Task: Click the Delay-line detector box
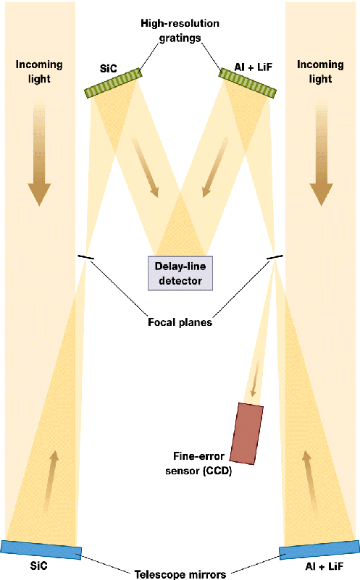coord(180,273)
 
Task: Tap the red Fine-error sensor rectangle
coord(246,434)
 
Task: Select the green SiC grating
coord(113,83)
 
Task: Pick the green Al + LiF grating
coord(247,83)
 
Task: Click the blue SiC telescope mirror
coord(41,550)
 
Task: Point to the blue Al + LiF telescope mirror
coord(319,550)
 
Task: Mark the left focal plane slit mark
coord(86,257)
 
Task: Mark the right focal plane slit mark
coord(275,257)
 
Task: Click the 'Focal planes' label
coord(180,322)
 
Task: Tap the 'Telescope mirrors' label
coord(180,574)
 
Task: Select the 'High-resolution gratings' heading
coord(180,30)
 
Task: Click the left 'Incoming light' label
coord(39,72)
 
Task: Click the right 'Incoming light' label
coord(320,72)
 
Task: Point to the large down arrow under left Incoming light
coord(39,151)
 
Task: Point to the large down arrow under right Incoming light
coord(321,151)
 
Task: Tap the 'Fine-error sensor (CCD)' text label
coord(198,463)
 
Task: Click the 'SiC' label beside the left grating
coord(109,69)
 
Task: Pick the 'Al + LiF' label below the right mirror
coord(325,566)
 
